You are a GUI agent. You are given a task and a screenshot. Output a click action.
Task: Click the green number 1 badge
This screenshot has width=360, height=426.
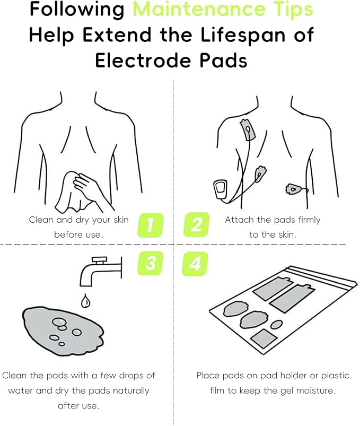click(150, 224)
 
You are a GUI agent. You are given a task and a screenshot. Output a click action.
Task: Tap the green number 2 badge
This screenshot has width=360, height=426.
click(196, 224)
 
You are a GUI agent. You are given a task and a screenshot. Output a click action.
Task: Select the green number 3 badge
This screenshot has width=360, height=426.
click(150, 264)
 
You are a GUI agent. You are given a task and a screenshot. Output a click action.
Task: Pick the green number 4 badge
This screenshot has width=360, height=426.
click(195, 264)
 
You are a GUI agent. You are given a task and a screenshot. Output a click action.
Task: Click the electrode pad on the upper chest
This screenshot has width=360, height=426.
click(247, 129)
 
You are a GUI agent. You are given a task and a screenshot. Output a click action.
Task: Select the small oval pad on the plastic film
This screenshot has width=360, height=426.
click(276, 324)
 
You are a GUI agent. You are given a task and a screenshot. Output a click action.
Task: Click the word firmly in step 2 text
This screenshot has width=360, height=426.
click(308, 220)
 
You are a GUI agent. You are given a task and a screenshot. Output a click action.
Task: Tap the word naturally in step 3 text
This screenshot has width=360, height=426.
click(126, 390)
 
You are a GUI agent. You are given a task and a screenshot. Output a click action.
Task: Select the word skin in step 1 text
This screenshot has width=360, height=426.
click(119, 220)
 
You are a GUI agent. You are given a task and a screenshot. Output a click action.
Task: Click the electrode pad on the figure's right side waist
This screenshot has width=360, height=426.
click(293, 188)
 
